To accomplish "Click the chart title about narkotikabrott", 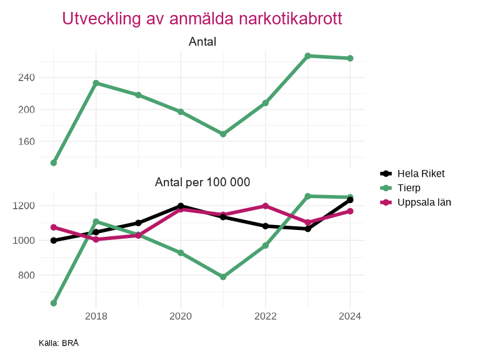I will (202, 19).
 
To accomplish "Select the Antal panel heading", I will (202, 42).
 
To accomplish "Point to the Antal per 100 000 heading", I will (202, 182).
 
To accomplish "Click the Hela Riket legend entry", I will (421, 173).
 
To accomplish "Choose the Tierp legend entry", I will (409, 187).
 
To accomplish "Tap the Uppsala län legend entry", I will (424, 202).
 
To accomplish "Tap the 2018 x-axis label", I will (96, 316).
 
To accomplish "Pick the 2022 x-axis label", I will (266, 316).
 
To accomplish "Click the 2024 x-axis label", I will (350, 316).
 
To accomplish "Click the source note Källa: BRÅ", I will (59, 343).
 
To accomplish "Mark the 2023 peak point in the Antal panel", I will (308, 56).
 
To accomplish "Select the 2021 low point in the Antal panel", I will (223, 134).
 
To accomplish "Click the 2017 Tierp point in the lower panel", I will (54, 303).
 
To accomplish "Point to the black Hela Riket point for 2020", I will (181, 206).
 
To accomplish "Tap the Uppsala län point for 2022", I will (266, 206).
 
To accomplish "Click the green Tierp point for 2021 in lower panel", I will (223, 277).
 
